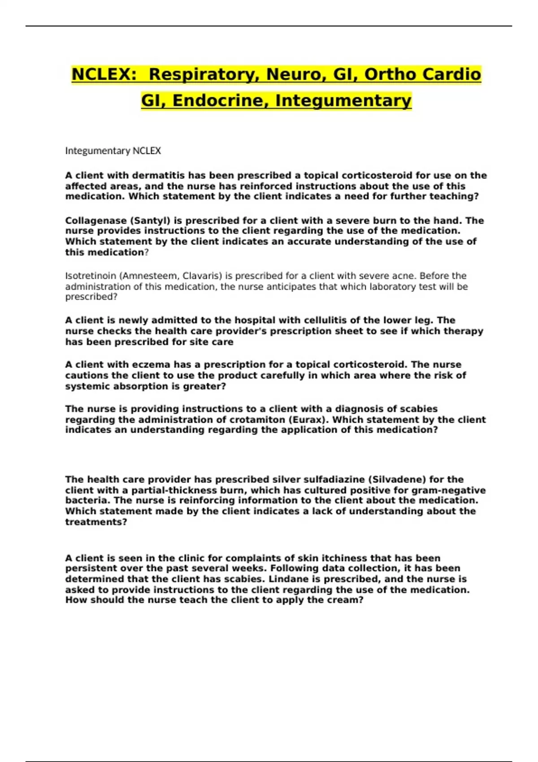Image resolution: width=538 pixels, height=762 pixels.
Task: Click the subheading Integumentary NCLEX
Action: tap(113, 151)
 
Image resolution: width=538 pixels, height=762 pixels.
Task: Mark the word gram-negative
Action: tap(451, 490)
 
